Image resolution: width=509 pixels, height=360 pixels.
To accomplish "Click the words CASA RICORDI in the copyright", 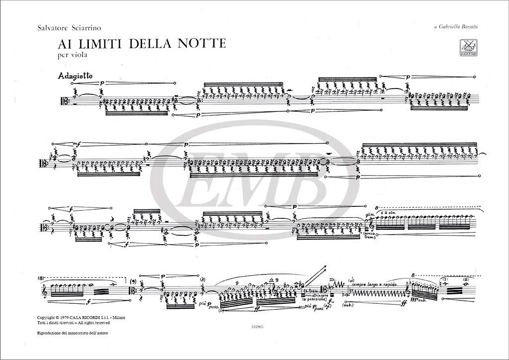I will tap(92, 316).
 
